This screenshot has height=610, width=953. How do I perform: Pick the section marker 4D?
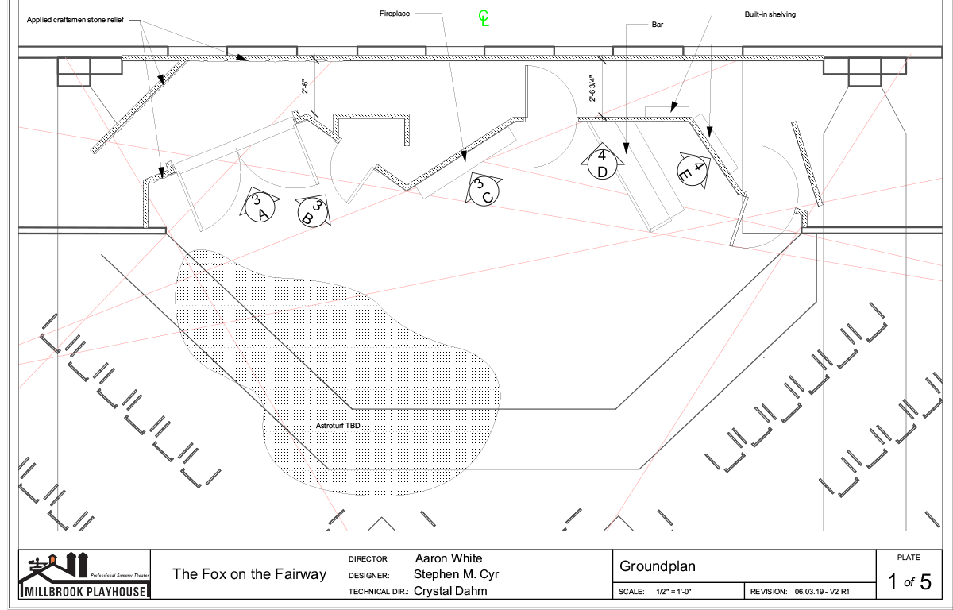[x=602, y=163]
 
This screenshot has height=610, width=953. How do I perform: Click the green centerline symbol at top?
[x=484, y=18]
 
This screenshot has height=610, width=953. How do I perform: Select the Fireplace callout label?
[x=395, y=14]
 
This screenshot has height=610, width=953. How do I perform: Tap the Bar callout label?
[x=657, y=25]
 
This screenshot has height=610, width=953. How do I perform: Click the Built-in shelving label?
[x=770, y=14]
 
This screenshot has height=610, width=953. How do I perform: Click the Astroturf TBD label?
[x=338, y=427]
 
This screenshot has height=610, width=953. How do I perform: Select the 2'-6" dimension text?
[x=306, y=86]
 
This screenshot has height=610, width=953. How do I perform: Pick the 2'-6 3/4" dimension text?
[x=592, y=89]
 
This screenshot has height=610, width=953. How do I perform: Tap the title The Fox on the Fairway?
[x=249, y=574]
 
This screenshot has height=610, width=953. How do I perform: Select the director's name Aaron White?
[x=449, y=558]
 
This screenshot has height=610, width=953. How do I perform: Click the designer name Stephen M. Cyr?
[x=457, y=574]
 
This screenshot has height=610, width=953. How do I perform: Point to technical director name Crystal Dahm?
[x=450, y=591]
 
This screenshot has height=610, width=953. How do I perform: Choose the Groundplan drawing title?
[x=657, y=566]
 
